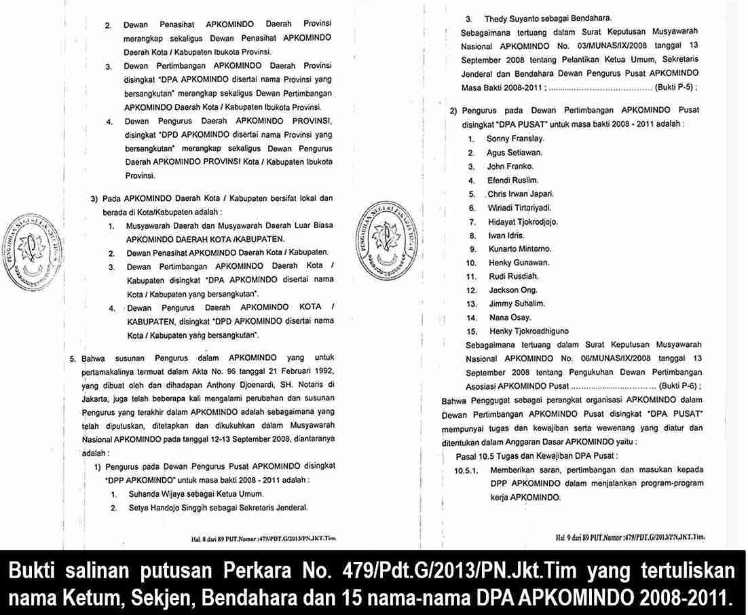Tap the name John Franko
tap(510, 166)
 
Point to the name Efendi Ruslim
tap(512, 181)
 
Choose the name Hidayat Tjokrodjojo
tap(522, 222)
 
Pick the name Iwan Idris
tap(506, 236)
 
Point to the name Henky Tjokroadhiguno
tap(529, 331)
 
